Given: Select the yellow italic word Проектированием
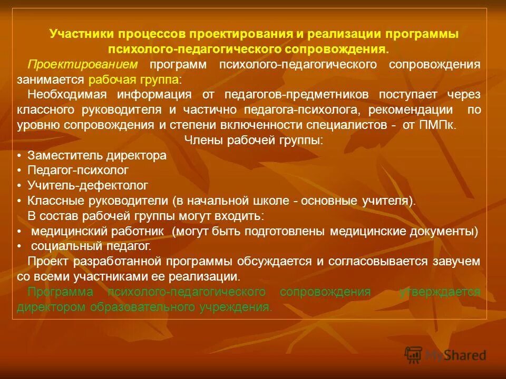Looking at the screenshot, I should point(83,64).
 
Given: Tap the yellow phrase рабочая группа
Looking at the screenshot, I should point(133,79).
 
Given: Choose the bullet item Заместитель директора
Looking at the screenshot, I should point(97,156).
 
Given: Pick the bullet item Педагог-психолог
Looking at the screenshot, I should point(78,171).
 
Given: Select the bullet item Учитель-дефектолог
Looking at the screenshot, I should point(87,185).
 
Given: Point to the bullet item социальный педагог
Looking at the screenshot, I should point(91,246).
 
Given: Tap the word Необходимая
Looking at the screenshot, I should point(67,95).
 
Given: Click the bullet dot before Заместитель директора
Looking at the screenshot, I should point(19,156).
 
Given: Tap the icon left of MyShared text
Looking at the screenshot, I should point(413,355).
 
